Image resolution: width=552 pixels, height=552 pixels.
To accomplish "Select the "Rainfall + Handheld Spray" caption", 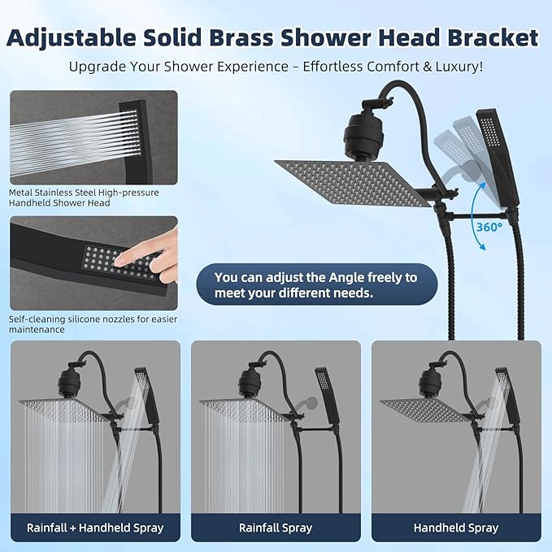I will tap(96, 528).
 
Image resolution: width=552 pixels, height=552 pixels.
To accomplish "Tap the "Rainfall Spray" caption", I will tap(276, 528).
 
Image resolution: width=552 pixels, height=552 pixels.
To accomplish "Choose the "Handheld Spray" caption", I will tap(456, 528).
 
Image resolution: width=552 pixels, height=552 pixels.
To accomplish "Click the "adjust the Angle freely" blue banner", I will tap(315, 285).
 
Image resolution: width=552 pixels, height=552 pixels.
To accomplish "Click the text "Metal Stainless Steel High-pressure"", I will tap(85, 193).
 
